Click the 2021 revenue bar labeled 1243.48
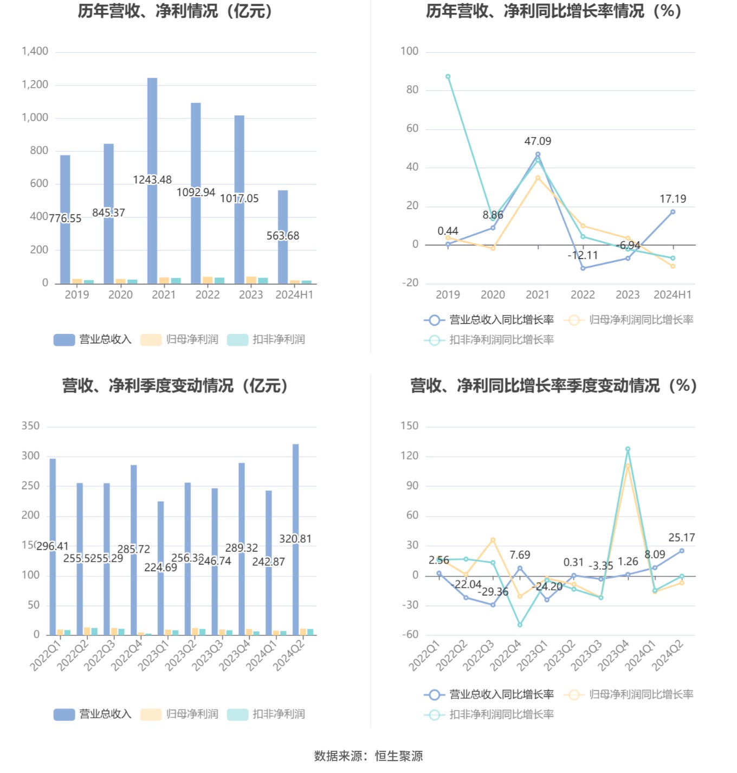coord(152,136)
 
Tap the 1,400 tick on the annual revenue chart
coord(35,51)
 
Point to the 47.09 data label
coord(538,141)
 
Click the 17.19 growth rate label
coord(673,199)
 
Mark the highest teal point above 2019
coord(448,77)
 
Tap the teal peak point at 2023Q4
coord(628,449)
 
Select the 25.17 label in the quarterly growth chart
coord(681,538)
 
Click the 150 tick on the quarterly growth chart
coord(410,426)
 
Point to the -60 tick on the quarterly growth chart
coord(410,635)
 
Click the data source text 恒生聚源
coord(399,756)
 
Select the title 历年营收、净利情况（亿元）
coord(175,11)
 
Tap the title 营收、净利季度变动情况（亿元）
coord(175,386)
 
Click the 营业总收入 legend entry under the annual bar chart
coord(93,340)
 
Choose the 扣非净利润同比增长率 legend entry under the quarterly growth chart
coord(489,714)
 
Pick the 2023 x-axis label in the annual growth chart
coord(628,295)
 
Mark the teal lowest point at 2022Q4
coord(520,625)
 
